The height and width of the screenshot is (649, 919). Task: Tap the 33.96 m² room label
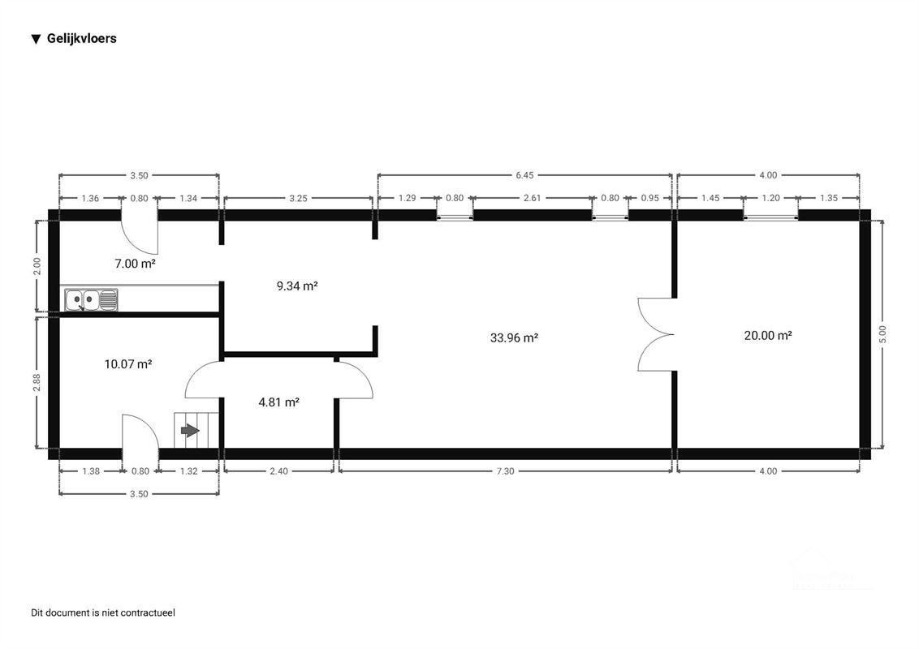tap(515, 338)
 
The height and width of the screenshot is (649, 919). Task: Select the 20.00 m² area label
tap(767, 335)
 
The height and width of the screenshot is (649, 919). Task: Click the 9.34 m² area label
tap(296, 286)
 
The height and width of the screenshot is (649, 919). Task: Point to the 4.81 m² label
tap(279, 401)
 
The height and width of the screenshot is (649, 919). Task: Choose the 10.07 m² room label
tap(128, 364)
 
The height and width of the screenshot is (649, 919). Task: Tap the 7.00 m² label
tap(135, 264)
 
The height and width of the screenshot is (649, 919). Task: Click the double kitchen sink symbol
tap(91, 299)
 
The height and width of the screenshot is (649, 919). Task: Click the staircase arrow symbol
tap(189, 431)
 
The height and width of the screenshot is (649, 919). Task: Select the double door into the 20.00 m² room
tap(656, 334)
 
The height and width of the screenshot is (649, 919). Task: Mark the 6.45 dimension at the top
tap(525, 175)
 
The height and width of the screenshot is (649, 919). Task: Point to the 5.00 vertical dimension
tap(883, 334)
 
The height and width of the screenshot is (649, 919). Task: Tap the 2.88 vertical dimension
tap(37, 383)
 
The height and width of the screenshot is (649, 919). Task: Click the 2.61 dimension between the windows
tap(533, 198)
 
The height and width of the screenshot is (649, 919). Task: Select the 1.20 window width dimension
tap(770, 198)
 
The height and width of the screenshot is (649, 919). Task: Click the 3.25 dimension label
tap(297, 198)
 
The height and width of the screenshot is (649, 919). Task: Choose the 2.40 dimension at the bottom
tap(278, 471)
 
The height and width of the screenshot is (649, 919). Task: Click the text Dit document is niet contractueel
tap(103, 612)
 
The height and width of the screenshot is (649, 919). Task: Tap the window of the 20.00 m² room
tap(770, 217)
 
